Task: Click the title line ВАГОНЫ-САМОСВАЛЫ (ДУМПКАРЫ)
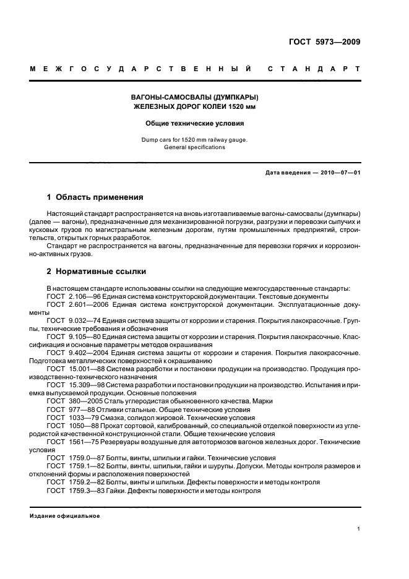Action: click(x=195, y=98)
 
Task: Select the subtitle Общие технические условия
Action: click(x=195, y=123)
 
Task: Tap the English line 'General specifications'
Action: click(x=195, y=147)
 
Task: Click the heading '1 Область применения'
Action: click(x=95, y=198)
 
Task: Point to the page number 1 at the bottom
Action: click(x=359, y=529)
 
